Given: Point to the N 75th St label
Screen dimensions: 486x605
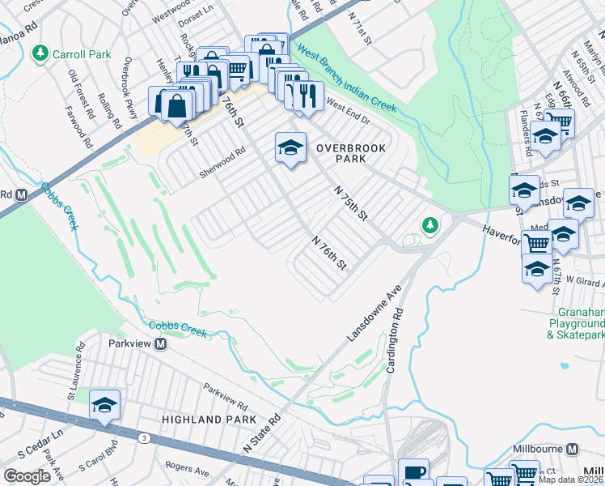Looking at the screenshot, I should [x=352, y=202].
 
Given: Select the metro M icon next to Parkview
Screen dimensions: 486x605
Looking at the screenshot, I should [x=160, y=344].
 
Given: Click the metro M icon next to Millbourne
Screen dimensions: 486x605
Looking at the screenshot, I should [x=573, y=449].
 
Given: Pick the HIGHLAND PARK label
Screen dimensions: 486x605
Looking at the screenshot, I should [x=209, y=420].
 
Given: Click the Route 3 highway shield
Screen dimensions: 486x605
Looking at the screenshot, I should [x=143, y=437].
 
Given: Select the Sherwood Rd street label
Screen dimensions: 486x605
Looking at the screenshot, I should [x=224, y=155].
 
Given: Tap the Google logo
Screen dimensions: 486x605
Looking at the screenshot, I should [x=27, y=476].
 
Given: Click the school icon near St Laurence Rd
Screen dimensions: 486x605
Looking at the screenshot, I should [x=104, y=404].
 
